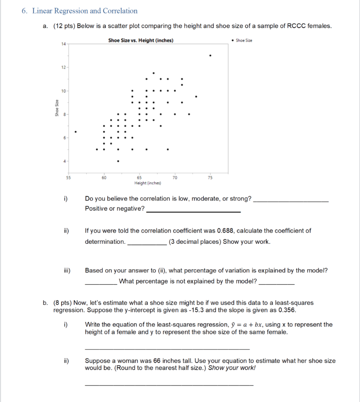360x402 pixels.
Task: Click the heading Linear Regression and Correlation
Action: [x=85, y=11]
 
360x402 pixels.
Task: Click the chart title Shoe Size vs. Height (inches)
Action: [x=141, y=40]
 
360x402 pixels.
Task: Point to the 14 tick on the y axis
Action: [x=63, y=44]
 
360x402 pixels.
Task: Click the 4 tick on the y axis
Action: [x=63, y=161]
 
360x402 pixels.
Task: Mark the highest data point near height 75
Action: [x=210, y=56]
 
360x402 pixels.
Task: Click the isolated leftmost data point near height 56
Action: [x=75, y=132]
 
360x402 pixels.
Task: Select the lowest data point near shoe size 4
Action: [x=118, y=161]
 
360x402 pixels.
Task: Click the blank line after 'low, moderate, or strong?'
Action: [x=291, y=201]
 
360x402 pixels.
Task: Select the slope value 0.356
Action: [x=287, y=310]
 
